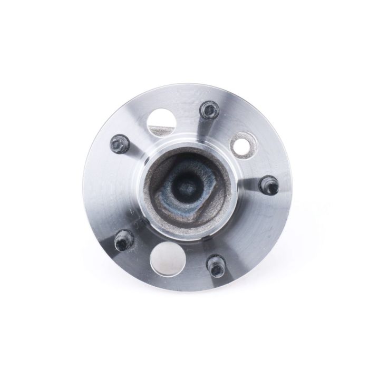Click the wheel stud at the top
(209, 111)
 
